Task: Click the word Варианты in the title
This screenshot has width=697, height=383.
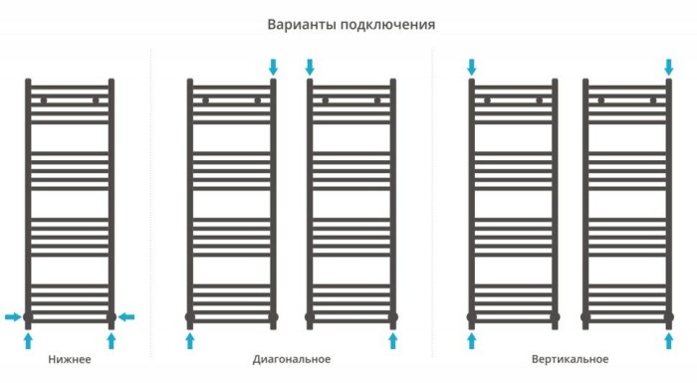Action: [x=299, y=24]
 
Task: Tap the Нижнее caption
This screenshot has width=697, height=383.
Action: [x=69, y=359]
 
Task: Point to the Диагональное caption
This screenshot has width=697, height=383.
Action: [x=292, y=359]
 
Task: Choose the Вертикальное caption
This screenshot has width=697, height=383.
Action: [x=571, y=359]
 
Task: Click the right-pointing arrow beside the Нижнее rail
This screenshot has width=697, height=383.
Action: [x=12, y=317]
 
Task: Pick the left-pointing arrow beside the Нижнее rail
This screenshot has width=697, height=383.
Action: [x=126, y=317]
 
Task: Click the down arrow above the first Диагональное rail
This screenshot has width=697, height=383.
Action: [x=273, y=67]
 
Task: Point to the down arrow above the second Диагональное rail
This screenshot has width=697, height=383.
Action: [x=310, y=67]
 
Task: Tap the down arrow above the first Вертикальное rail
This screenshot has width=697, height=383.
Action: [x=472, y=67]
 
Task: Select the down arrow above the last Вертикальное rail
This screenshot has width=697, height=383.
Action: [x=668, y=67]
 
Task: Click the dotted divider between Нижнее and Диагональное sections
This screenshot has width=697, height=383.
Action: [x=150, y=199]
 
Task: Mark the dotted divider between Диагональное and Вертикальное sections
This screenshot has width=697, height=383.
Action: [x=432, y=199]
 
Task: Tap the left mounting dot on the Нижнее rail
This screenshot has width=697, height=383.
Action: [x=43, y=100]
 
